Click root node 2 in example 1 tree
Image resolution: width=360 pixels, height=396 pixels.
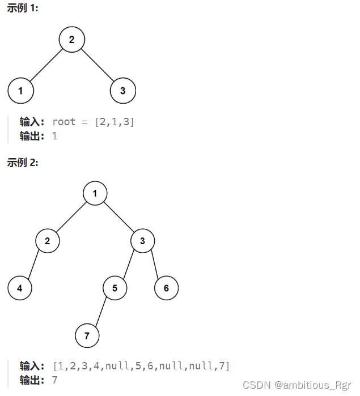click(71, 40)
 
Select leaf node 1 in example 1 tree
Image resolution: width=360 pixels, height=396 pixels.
click(20, 91)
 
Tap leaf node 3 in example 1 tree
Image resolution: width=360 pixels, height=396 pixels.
click(123, 91)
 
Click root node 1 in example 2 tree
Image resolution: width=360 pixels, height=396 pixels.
click(95, 194)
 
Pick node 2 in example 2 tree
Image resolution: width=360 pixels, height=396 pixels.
click(48, 241)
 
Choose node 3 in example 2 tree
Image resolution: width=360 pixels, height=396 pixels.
click(143, 241)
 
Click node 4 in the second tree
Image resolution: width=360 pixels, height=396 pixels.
click(20, 288)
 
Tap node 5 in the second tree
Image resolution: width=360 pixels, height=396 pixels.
click(115, 288)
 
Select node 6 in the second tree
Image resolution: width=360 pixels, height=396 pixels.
click(166, 288)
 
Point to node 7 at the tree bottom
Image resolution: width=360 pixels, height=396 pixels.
click(87, 336)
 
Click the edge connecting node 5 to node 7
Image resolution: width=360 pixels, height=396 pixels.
click(101, 312)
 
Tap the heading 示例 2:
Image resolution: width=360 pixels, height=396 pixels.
click(23, 163)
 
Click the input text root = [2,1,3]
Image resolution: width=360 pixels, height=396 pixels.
click(94, 122)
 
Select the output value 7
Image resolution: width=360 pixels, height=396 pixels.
click(54, 380)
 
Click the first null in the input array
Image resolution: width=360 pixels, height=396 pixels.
click(117, 366)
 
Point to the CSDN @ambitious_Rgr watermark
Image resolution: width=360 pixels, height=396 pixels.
click(297, 385)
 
